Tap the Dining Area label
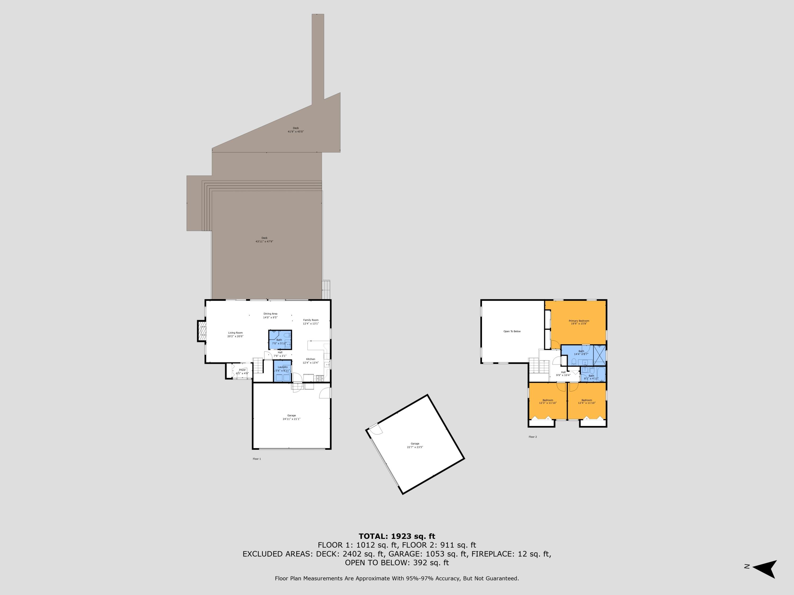270,315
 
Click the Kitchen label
310,361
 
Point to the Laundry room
282,370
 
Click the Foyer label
242,372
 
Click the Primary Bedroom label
579,322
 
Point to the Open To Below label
512,331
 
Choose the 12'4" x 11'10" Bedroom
587,401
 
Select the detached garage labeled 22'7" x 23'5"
415,445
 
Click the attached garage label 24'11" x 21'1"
291,417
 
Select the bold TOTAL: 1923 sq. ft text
397,536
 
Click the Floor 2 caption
533,437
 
